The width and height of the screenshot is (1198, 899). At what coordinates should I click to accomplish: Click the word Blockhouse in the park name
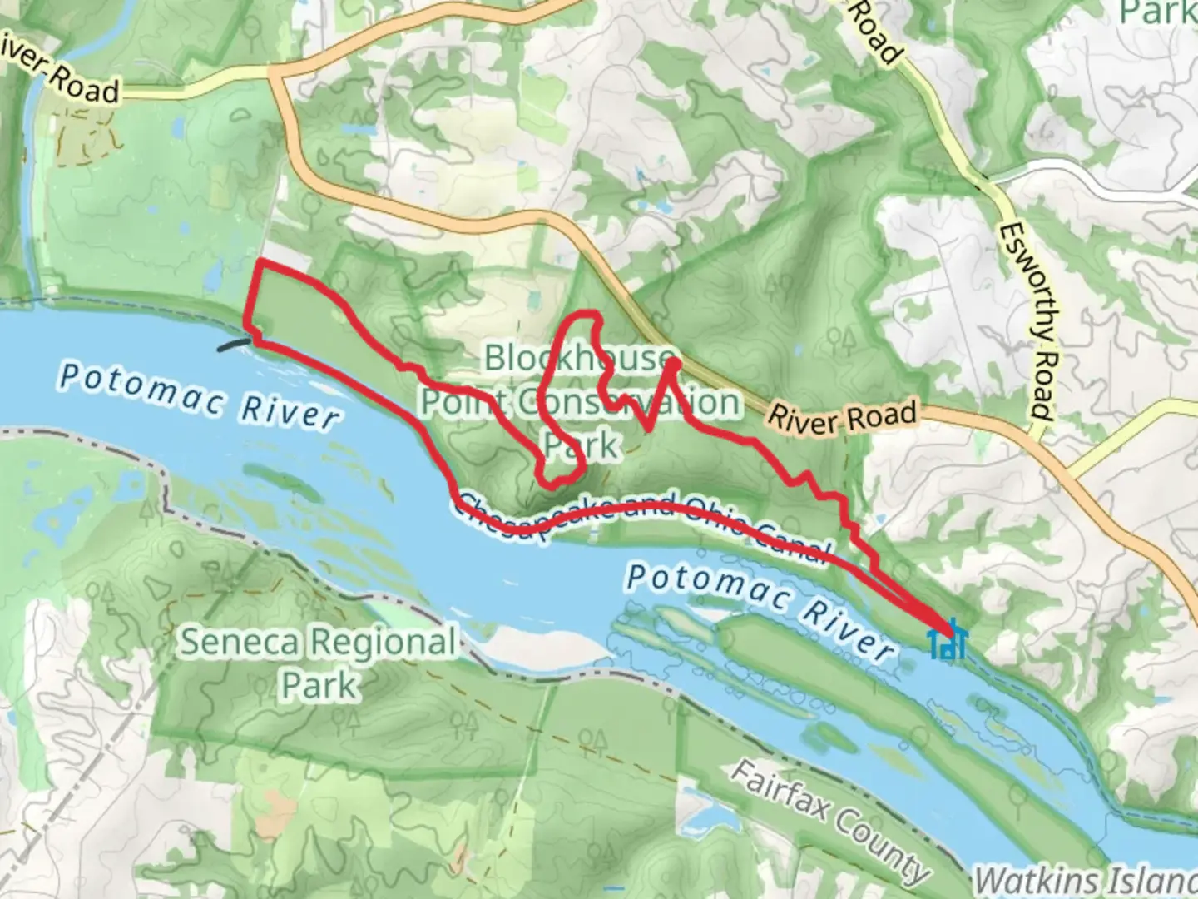tap(577, 358)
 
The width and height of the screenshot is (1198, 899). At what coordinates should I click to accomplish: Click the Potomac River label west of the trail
tap(200, 396)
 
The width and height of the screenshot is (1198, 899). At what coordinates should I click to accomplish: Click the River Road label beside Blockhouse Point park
tap(841, 416)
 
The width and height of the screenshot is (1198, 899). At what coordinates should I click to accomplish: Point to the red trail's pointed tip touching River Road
tap(672, 363)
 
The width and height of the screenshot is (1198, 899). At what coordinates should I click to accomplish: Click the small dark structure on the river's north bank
tap(232, 344)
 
